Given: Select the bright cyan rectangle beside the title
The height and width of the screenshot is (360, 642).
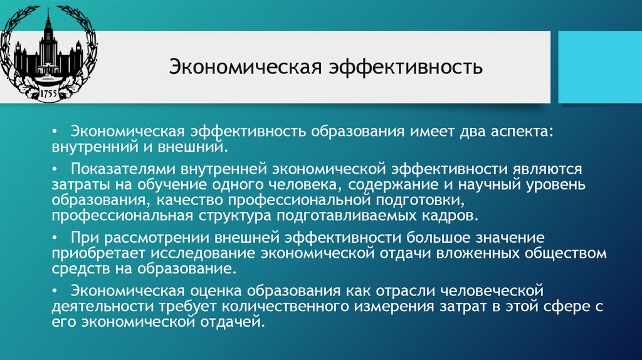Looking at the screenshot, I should pos(600,67).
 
